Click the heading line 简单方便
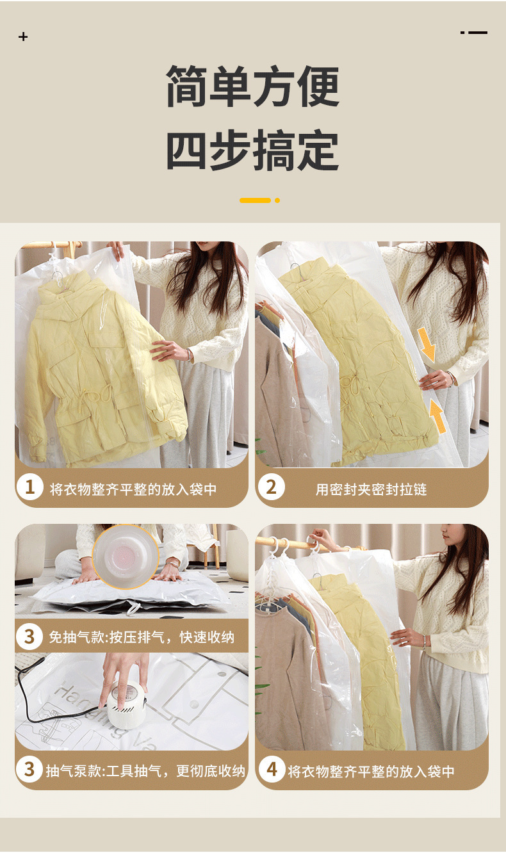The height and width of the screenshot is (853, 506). pos(253,86)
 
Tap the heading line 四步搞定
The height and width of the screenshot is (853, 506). pos(253,149)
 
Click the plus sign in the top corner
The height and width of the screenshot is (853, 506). pos(23,37)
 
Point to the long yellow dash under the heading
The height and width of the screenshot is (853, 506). pos(255,200)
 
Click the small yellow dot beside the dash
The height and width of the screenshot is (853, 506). pos(277,200)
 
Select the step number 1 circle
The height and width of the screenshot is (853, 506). pos(29,487)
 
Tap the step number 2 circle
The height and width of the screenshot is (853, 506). pos(271,487)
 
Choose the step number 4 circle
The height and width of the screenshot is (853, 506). pos(272,770)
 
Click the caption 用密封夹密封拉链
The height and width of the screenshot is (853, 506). pos(371,489)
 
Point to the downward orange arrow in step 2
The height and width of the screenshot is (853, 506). pos(427,345)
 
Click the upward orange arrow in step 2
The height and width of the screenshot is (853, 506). pos(437,416)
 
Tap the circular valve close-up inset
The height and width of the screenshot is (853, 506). pos(126,557)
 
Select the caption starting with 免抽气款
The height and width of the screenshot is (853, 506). pos(142,637)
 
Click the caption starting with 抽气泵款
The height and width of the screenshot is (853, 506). pos(145,771)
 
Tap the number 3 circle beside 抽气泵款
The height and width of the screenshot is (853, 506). pos(29,770)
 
